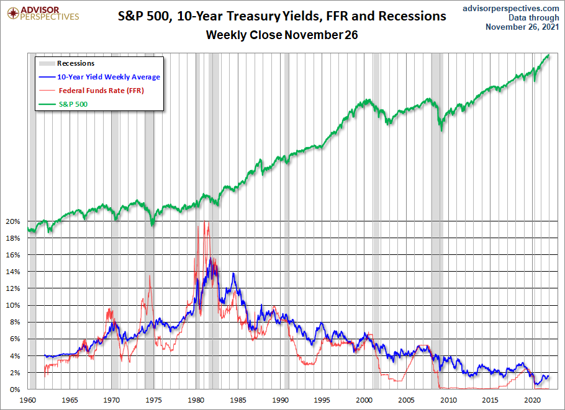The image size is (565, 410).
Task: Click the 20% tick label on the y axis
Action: (x=13, y=221)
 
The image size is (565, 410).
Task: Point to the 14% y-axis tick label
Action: (x=13, y=272)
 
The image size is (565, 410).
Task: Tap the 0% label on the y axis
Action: (x=15, y=389)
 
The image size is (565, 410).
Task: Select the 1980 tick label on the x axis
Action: (x=196, y=400)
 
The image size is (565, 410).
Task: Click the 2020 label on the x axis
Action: (x=533, y=400)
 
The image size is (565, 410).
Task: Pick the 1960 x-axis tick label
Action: (x=28, y=400)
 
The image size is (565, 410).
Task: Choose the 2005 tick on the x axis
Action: (x=407, y=400)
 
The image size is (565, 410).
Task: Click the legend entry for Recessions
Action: (x=75, y=63)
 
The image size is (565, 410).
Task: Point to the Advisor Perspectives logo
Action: (x=41, y=12)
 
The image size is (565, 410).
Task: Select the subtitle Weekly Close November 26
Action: (x=282, y=35)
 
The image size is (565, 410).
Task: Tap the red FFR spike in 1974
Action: (x=150, y=275)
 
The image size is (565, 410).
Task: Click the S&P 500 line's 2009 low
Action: (x=441, y=129)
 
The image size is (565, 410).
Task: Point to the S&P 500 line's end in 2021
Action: (x=549, y=55)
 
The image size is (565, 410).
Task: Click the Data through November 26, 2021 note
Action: (x=522, y=22)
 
